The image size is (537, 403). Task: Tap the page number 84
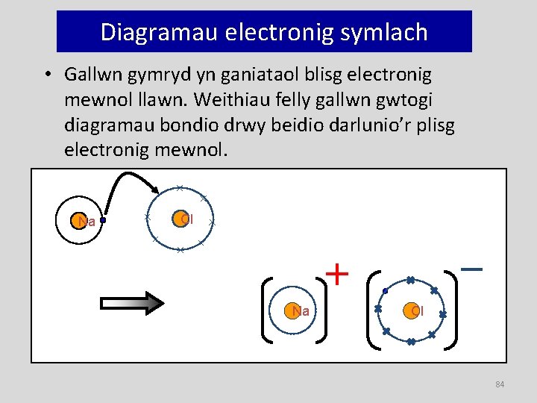point(500,384)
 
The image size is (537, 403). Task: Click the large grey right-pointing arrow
point(132,302)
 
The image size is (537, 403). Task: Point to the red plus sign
point(338,274)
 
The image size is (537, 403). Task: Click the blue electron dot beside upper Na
point(103,220)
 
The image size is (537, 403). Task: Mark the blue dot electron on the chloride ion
point(385,290)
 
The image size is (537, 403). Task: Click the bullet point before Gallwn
point(47,75)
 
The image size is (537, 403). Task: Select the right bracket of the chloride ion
point(453,310)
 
